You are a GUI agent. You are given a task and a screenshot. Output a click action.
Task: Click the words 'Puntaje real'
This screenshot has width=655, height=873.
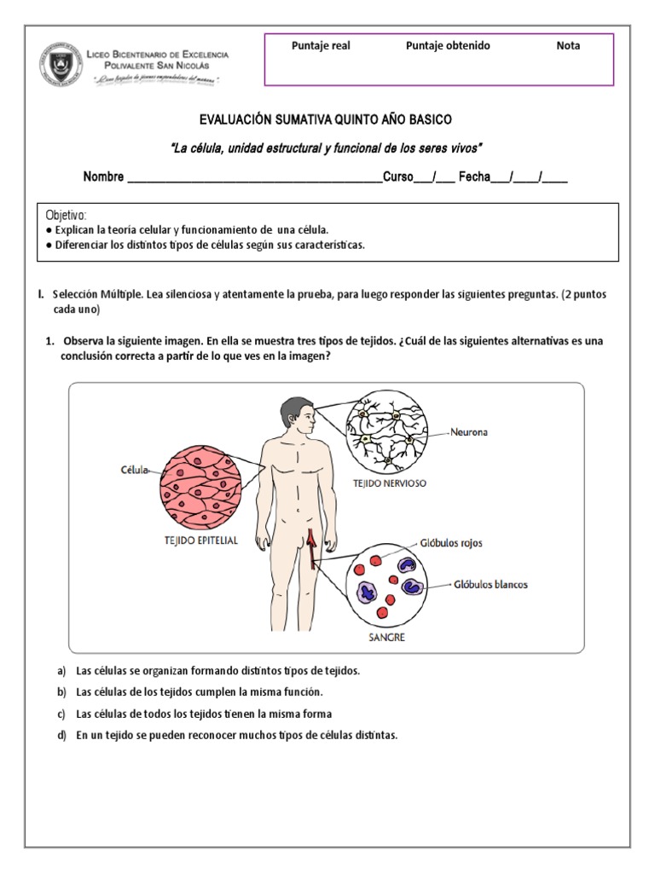click(321, 46)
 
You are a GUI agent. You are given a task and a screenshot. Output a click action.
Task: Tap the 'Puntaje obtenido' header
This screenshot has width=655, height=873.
click(448, 46)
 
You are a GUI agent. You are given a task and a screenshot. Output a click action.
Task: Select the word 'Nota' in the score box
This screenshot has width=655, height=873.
click(568, 46)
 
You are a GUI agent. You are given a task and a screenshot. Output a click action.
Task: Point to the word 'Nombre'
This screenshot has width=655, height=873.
click(103, 177)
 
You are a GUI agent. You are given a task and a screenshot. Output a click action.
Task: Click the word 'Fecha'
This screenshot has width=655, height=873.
click(474, 177)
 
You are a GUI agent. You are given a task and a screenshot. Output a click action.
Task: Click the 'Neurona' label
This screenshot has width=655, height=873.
click(470, 432)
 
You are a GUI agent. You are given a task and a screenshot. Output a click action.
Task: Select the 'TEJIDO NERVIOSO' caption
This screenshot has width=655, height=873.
click(390, 483)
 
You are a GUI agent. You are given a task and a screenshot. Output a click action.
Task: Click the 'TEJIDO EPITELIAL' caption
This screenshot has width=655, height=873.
click(200, 540)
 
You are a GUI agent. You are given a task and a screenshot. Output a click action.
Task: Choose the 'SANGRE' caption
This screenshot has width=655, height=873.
click(386, 637)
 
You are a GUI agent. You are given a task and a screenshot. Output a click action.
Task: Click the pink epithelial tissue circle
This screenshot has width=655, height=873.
click(200, 483)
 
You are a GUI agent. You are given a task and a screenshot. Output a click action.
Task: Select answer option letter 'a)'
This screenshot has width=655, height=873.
click(61, 671)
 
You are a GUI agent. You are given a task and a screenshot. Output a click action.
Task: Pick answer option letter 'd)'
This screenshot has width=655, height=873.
click(61, 735)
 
